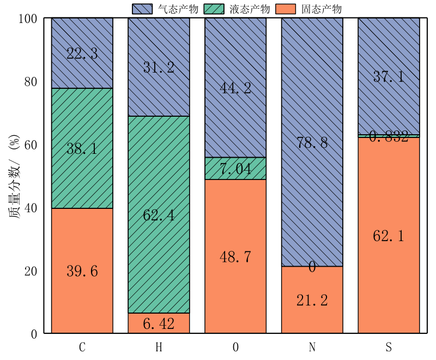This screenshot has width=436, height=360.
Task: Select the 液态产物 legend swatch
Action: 215,9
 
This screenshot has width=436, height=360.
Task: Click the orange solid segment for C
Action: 82,271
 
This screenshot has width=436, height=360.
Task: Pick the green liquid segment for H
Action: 159,214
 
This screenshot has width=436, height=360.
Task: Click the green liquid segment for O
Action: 235,169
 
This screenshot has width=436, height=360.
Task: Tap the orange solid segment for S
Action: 389,235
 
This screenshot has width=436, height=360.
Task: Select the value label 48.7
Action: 235,257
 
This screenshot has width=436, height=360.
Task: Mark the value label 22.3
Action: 82,53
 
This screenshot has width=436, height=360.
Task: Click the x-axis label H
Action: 159,347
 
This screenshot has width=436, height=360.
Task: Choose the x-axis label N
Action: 312,347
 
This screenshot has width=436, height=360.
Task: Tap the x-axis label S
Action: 389,347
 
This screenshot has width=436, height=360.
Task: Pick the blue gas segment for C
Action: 82,53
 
